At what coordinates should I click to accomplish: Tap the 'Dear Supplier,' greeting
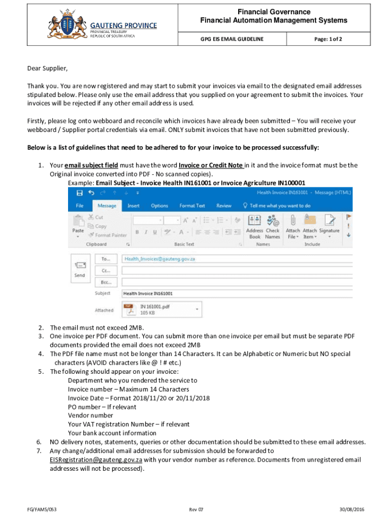coord(47,68)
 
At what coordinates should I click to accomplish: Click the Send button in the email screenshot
coord(80,269)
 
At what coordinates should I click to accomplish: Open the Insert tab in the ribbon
coord(134,206)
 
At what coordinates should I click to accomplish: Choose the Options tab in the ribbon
coord(159,206)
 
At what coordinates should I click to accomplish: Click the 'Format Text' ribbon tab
coord(192,206)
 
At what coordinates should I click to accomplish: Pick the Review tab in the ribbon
coord(224,206)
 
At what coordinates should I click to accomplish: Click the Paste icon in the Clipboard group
coord(78,223)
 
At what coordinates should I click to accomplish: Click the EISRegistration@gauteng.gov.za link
coord(95,460)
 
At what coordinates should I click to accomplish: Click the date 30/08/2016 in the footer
coord(352,509)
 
